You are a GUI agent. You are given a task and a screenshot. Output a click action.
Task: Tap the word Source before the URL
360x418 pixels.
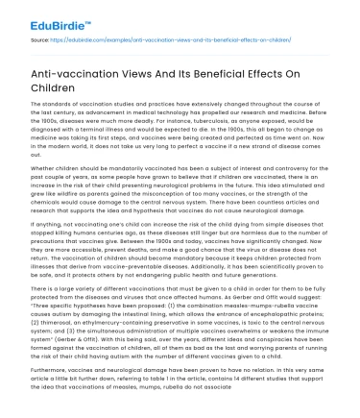pos(40,40)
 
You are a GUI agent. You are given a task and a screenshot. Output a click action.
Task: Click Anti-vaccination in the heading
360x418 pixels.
pos(76,80)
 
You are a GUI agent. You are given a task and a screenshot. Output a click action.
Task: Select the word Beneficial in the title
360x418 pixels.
pos(237,80)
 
